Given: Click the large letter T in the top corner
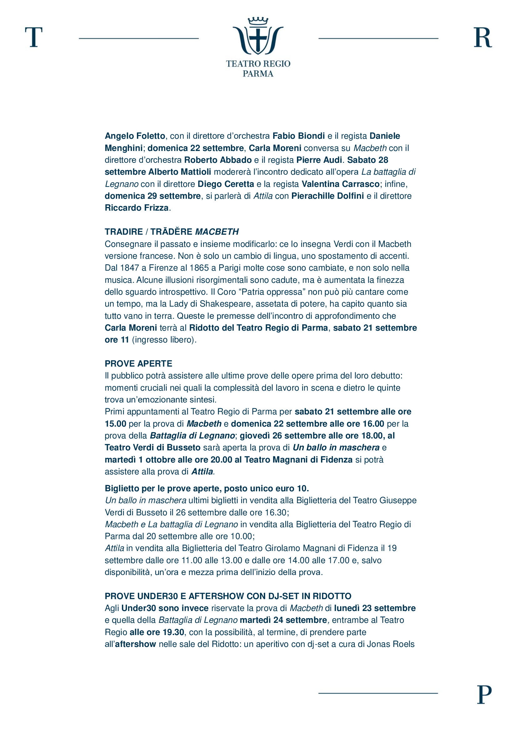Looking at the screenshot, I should pos(34,37).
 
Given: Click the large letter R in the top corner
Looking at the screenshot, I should pos(483,37).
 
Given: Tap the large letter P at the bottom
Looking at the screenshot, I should pos(484,695).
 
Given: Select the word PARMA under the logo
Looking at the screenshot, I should pos(258,74).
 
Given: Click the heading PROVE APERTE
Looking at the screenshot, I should pos(138,363).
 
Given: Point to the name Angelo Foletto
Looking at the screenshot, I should pos(135,136).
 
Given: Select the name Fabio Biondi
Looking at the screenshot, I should pos(299,136).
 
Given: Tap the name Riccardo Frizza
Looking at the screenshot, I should pos(137,208).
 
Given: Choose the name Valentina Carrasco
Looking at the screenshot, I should pos(340,184).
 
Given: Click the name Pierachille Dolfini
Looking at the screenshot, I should pos(328,196).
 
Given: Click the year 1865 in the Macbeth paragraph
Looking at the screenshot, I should pos(199,268).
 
